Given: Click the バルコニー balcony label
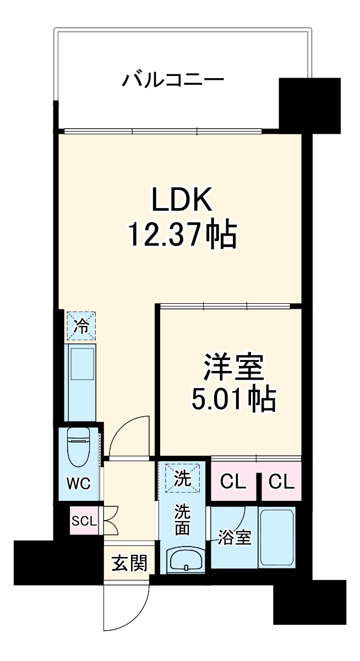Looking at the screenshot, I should (x=173, y=81).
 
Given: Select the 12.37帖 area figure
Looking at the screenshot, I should (x=182, y=236).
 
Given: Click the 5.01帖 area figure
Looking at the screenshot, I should (x=233, y=400).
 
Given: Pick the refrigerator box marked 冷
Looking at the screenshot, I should (x=81, y=326).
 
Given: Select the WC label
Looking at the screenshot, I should (x=79, y=484).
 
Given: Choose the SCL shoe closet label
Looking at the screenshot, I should (x=83, y=520).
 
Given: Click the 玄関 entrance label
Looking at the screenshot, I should (x=129, y=563).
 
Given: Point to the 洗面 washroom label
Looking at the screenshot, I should (x=182, y=520).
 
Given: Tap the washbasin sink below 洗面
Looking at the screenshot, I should (x=185, y=559).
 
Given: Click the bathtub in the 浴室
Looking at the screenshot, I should (x=277, y=537).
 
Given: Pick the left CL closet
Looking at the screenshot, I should (x=233, y=483).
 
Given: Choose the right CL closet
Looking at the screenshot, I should (x=281, y=483).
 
